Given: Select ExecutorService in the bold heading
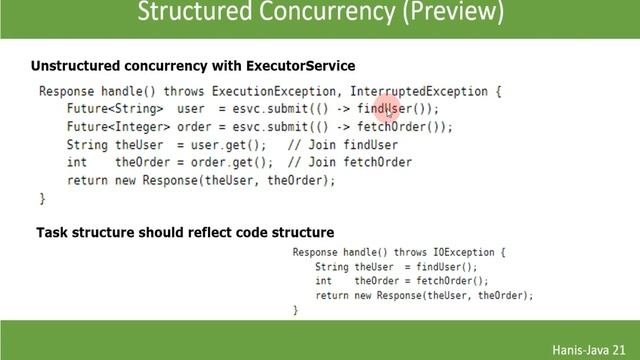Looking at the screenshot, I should (x=297, y=66).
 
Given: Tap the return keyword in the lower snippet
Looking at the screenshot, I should (x=332, y=296).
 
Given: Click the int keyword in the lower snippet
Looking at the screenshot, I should (x=323, y=281).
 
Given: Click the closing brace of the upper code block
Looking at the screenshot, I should (x=42, y=199).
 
